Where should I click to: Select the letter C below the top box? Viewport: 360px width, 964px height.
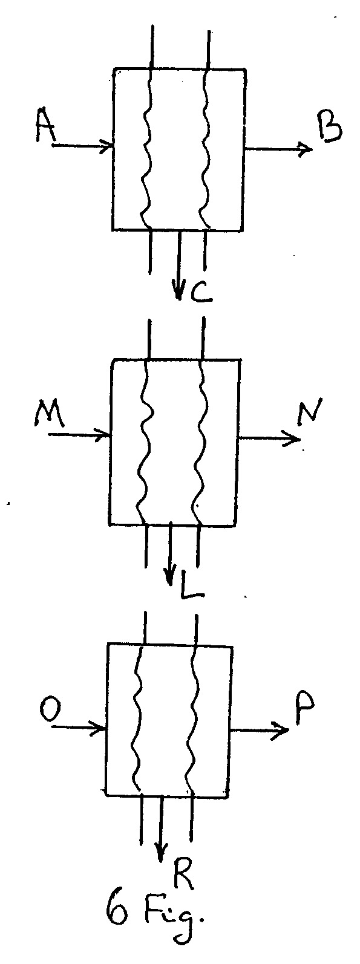[200, 293]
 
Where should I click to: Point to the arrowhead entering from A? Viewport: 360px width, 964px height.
[107, 146]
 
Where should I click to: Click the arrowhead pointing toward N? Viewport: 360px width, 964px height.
[293, 438]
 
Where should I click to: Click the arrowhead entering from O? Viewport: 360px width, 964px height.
[99, 728]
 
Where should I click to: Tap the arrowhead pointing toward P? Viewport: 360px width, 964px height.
[281, 731]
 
